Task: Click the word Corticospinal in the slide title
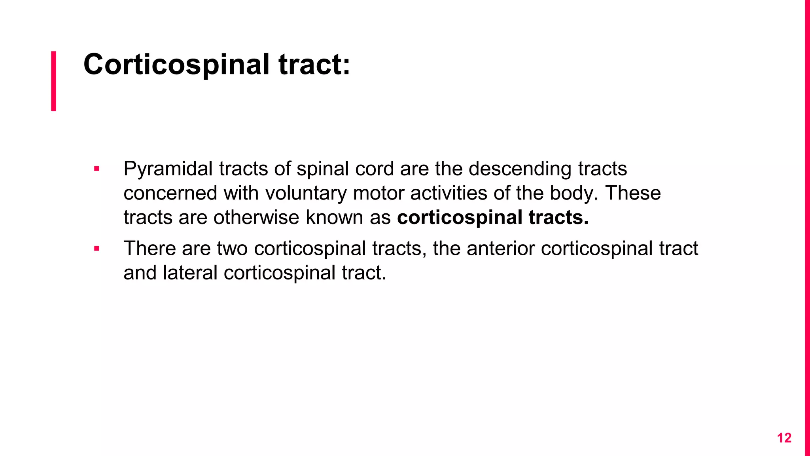(176, 65)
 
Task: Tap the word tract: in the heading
(314, 65)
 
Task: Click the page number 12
(784, 438)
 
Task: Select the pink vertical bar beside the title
(54, 81)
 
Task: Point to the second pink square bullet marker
(97, 249)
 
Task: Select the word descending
(520, 169)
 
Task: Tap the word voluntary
(306, 193)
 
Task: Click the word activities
(449, 193)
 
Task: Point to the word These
(633, 193)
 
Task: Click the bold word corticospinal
(460, 218)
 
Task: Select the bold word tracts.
(558, 218)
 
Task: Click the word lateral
(190, 273)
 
